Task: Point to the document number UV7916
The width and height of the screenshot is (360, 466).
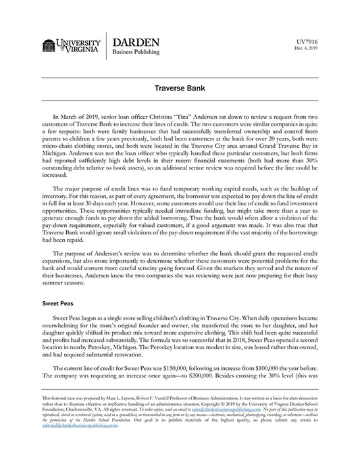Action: click(x=307, y=41)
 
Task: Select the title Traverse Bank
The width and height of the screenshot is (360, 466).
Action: click(x=180, y=88)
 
